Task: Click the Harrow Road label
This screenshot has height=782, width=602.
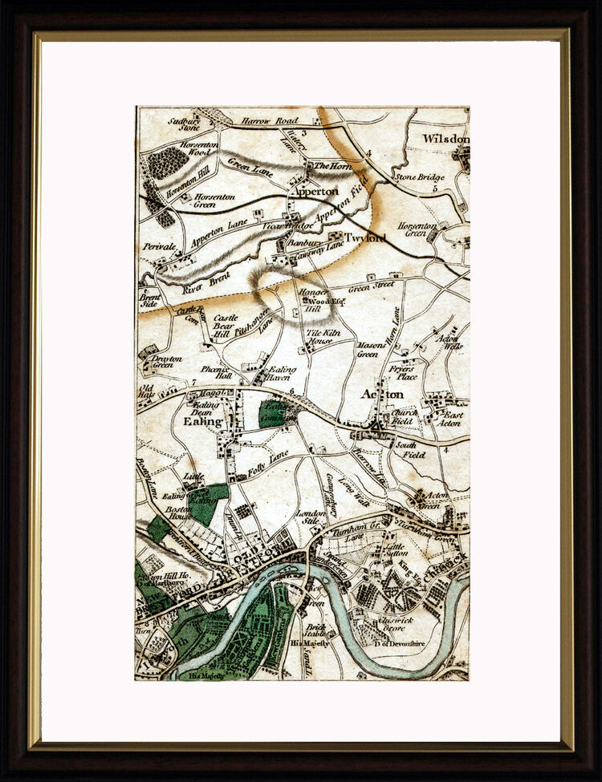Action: click(x=270, y=121)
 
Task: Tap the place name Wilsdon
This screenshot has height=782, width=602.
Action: click(x=445, y=139)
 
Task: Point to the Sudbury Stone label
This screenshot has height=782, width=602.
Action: click(x=183, y=124)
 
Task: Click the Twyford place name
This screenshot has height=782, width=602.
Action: click(x=365, y=237)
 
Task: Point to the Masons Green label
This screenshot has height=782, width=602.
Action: click(x=368, y=350)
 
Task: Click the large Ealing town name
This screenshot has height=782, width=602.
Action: click(x=201, y=421)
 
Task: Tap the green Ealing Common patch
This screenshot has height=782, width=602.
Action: click(x=273, y=414)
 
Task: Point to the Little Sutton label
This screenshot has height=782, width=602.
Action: click(x=397, y=548)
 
